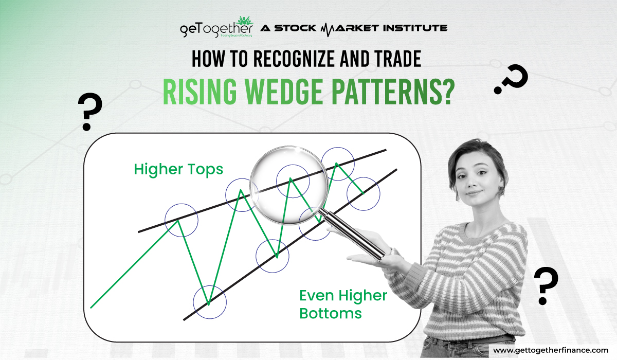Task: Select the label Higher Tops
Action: click(178, 169)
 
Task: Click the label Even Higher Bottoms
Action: click(342, 303)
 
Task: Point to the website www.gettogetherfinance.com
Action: click(550, 350)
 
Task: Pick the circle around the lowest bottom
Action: click(209, 303)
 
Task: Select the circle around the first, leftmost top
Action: click(181, 220)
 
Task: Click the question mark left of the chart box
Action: click(89, 113)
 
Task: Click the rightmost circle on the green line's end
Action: click(364, 193)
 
